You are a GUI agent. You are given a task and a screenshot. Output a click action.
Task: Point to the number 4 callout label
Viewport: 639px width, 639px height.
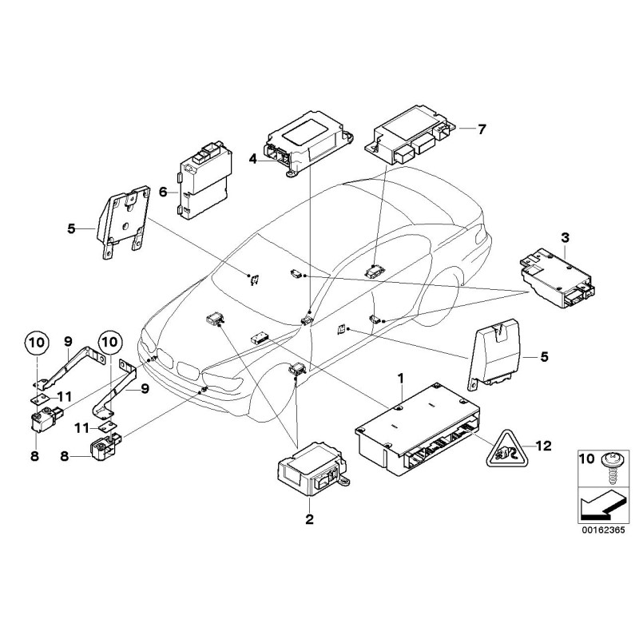[x=252, y=159]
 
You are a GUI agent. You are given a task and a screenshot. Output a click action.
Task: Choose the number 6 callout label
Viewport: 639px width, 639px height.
[x=163, y=192]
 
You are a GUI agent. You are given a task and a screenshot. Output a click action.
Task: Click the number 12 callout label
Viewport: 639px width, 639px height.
[x=544, y=447]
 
